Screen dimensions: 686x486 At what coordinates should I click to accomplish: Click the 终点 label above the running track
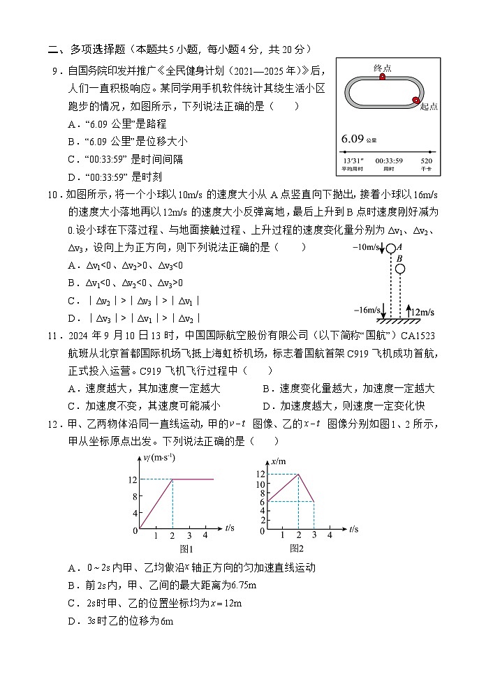[383, 68]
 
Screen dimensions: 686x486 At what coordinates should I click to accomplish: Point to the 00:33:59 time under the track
[389, 161]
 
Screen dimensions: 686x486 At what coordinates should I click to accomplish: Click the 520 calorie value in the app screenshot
[427, 161]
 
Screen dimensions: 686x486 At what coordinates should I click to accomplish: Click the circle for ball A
[390, 248]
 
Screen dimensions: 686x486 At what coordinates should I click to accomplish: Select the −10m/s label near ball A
[366, 248]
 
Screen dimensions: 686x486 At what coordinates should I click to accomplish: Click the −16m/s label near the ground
[367, 310]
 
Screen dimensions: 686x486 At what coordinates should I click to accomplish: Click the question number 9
[54, 70]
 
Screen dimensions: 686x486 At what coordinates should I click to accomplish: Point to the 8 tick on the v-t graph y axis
[135, 496]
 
